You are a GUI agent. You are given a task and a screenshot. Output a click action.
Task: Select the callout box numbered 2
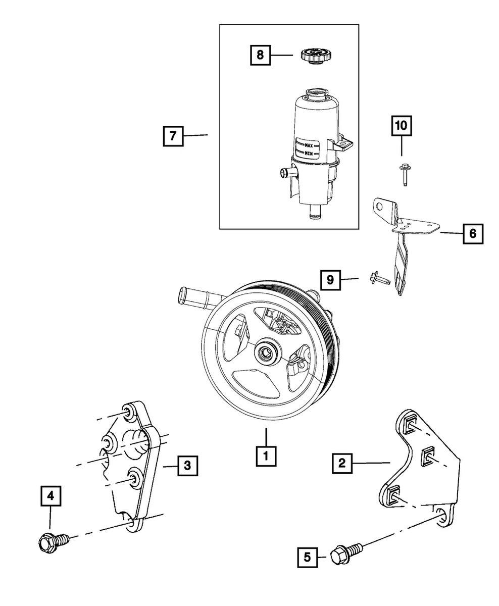point(342,463)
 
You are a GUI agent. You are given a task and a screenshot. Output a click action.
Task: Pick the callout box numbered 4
point(51,497)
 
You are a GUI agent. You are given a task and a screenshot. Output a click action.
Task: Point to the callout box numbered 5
point(307,557)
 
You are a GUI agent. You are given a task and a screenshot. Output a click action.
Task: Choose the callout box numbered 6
point(472,234)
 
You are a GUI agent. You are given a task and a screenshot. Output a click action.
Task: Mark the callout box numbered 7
point(173,136)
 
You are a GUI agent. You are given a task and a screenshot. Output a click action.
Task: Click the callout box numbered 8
point(260,55)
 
